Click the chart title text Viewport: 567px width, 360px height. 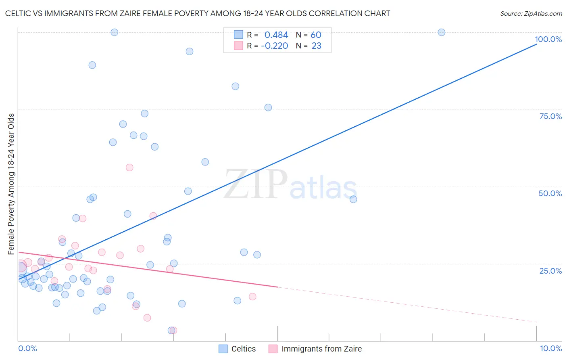point(198,13)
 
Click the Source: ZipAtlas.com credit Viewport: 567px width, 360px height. point(531,13)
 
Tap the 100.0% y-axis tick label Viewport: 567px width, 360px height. point(548,39)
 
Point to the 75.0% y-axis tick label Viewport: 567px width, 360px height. point(550,116)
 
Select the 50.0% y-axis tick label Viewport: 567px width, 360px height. point(550,193)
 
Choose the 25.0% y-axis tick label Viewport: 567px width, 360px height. point(550,270)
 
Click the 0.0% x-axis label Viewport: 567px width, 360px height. point(27,348)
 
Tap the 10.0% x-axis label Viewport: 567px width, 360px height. point(550,348)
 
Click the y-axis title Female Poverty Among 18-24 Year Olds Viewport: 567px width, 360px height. point(11,184)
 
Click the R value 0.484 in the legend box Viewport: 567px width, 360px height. point(276,35)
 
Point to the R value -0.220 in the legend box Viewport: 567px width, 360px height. point(275,46)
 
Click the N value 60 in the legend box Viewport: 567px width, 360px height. point(316,35)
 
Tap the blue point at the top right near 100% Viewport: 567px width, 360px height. point(442,32)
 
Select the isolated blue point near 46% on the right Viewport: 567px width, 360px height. point(353,199)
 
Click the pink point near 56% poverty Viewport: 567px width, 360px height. point(129,167)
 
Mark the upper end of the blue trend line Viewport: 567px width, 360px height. point(536,44)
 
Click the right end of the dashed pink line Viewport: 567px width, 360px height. point(536,322)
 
